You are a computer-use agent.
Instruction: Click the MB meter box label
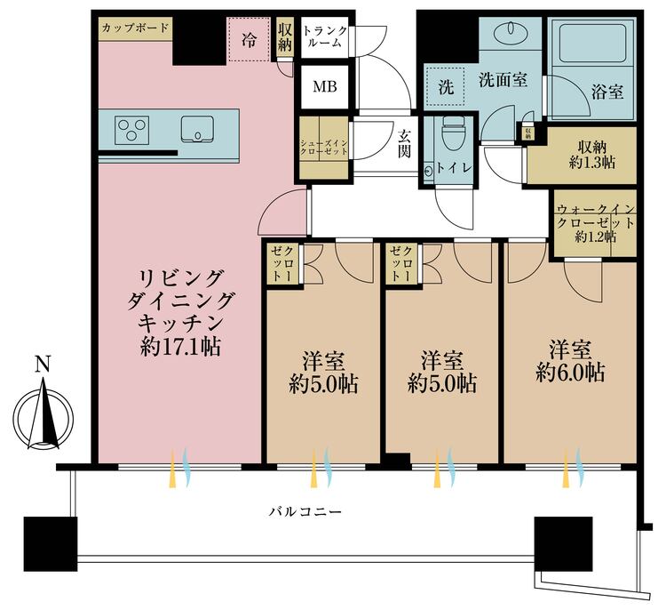tap(325, 87)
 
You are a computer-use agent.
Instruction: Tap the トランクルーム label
tap(325, 36)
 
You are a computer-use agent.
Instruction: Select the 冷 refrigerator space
tap(249, 40)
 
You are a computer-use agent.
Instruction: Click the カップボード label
tap(136, 28)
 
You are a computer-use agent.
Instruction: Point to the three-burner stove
tap(131, 129)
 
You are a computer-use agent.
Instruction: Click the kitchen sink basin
tap(197, 129)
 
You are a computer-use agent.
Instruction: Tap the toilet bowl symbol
tap(452, 132)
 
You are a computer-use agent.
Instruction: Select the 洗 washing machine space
tap(446, 87)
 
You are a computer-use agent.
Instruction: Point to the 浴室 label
tap(607, 92)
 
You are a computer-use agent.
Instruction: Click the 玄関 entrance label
tap(404, 143)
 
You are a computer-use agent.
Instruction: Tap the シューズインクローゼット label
tap(324, 148)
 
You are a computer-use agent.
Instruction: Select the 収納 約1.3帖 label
tap(592, 155)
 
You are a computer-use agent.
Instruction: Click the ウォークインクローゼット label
tap(596, 223)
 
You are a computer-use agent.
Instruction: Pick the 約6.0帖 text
tap(570, 373)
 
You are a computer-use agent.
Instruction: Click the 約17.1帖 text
tap(181, 347)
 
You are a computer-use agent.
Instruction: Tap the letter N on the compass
tap(43, 364)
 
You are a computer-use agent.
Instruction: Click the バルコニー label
tap(305, 511)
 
